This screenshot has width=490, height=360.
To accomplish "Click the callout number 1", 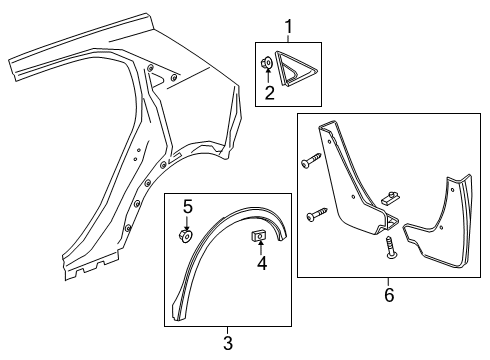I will [x=289, y=26].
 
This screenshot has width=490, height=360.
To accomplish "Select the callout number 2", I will [x=269, y=95].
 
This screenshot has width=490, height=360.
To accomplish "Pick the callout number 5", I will [x=187, y=207].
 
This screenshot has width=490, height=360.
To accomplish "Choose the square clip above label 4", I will [x=258, y=237].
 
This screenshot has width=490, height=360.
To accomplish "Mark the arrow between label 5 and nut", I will [x=187, y=222].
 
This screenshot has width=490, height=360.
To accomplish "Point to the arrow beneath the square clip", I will [x=262, y=250].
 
